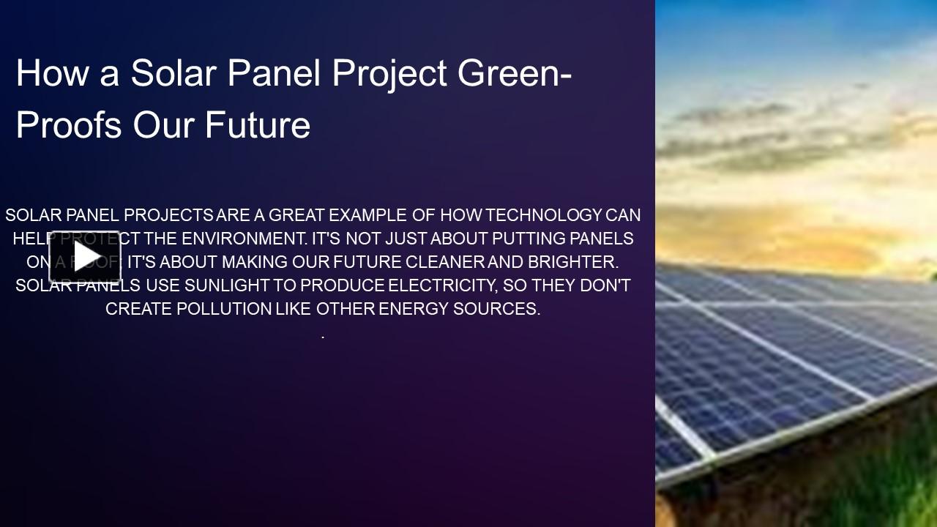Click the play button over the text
coord(85,256)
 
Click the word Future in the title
coord(258,125)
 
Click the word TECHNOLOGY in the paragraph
coord(544,215)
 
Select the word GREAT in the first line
coord(296,215)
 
